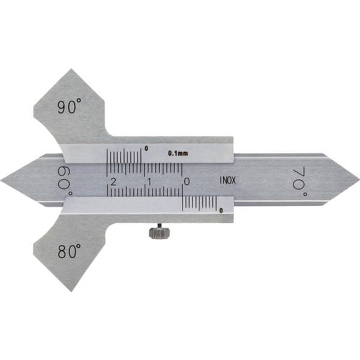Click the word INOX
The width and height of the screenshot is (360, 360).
coord(227,179)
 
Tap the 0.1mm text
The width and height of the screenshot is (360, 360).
coord(178,154)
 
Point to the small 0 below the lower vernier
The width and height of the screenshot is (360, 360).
coord(221,210)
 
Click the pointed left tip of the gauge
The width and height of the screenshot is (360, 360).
coord(2,179)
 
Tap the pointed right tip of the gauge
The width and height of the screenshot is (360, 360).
coord(358,179)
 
